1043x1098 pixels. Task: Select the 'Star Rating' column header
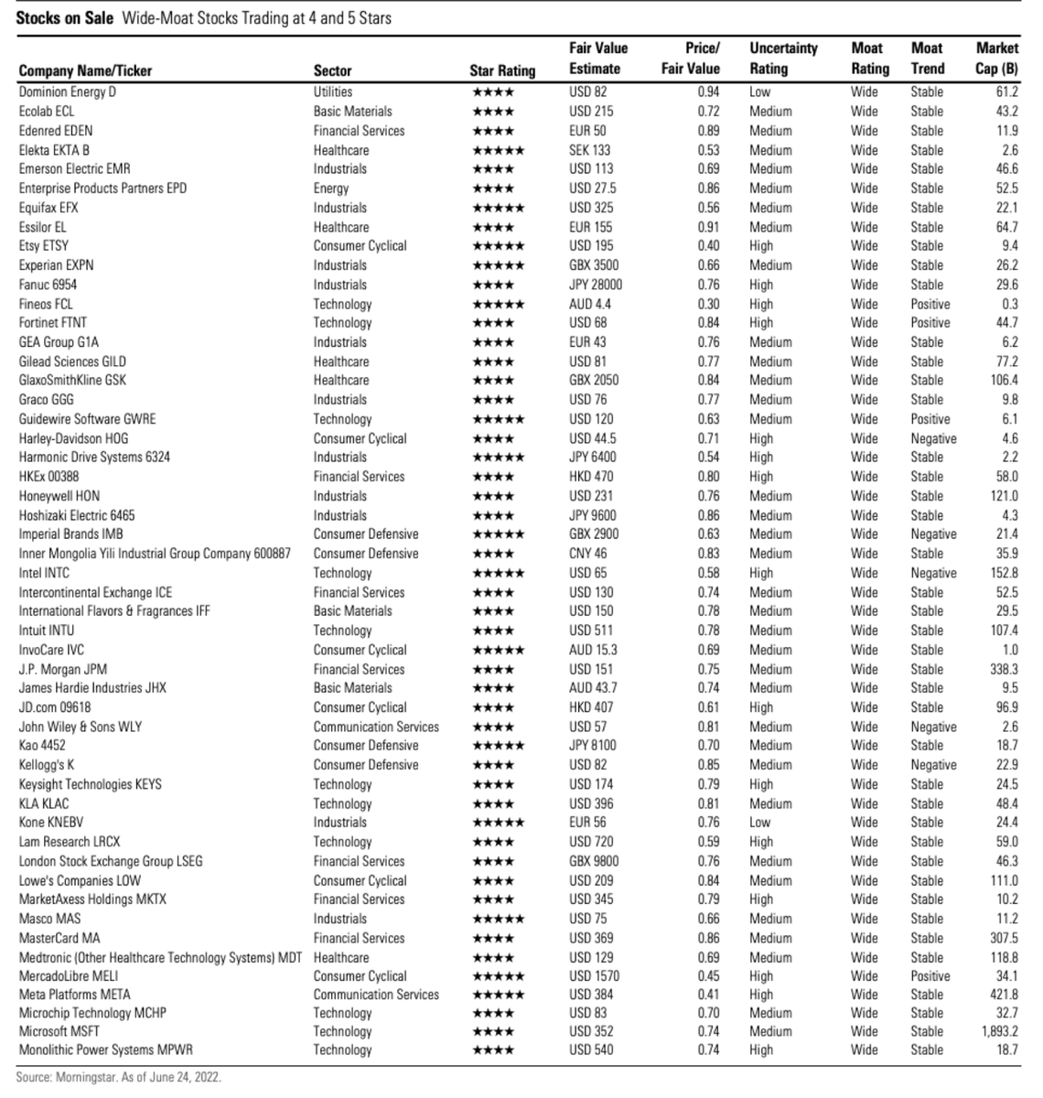502,70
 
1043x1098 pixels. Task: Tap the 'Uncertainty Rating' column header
782,59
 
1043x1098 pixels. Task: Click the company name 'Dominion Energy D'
68,91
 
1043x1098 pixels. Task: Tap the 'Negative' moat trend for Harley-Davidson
933,438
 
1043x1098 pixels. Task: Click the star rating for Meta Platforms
499,995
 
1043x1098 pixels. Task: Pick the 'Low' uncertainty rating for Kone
760,822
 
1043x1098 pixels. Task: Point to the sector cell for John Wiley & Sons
376,727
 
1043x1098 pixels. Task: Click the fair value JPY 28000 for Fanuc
596,285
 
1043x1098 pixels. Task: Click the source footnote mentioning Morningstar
118,1077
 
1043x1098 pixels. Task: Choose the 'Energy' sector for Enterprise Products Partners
331,188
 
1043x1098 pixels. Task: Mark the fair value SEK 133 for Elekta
589,150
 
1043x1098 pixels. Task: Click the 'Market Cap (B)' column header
996,59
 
